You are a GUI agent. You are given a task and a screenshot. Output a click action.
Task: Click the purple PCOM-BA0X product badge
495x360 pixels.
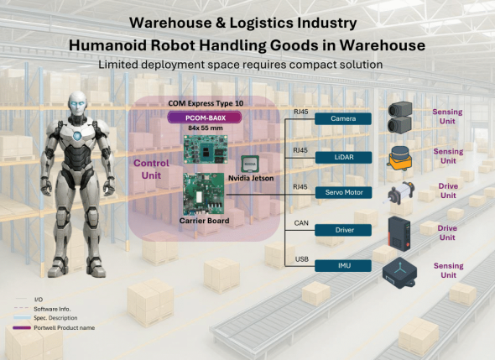point(205,117)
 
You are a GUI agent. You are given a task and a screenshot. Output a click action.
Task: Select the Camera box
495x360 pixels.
point(343,118)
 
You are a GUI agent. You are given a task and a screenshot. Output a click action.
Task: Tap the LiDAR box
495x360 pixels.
point(343,157)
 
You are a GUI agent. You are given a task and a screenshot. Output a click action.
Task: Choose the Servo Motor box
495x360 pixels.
point(343,192)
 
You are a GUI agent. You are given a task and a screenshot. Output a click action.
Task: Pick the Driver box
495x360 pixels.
point(343,230)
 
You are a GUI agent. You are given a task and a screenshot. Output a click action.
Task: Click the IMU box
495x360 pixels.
point(343,265)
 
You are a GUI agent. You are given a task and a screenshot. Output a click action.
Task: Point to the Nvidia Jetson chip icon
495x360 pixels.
point(250,164)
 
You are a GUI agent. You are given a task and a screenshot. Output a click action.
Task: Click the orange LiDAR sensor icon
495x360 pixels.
point(400,159)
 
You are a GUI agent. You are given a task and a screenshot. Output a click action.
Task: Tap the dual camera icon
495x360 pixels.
point(400,117)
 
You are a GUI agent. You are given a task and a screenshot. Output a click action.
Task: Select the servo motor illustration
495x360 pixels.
point(399,193)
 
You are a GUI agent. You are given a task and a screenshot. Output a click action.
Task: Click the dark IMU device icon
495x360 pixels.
point(399,273)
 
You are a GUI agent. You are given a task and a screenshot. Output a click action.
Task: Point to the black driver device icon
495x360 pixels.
point(399,233)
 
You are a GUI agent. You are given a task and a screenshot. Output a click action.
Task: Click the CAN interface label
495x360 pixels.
point(301,223)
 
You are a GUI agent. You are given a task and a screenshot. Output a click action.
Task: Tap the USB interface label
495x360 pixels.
point(302,259)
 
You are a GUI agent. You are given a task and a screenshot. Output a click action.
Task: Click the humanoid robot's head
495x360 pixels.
point(77,104)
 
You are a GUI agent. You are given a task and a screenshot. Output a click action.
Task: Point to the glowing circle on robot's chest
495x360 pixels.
point(77,136)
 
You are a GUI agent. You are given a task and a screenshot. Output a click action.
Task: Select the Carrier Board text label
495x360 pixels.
point(204,221)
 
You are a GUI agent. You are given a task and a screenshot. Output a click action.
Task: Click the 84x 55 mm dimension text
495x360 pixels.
point(206,128)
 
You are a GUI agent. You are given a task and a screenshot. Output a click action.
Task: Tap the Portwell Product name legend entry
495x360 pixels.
point(65,328)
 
